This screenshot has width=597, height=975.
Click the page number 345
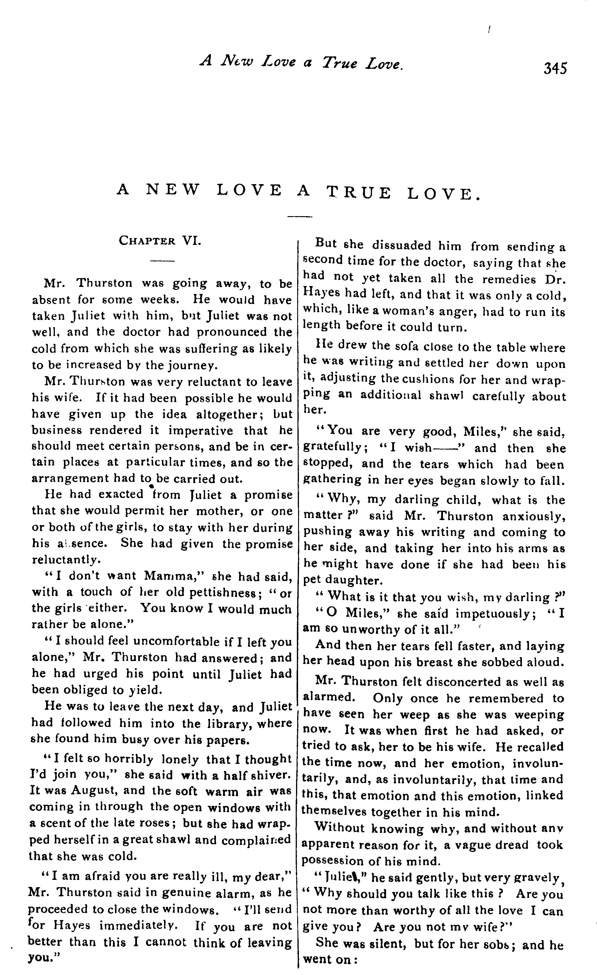555,68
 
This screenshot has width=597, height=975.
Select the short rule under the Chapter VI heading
162,261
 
